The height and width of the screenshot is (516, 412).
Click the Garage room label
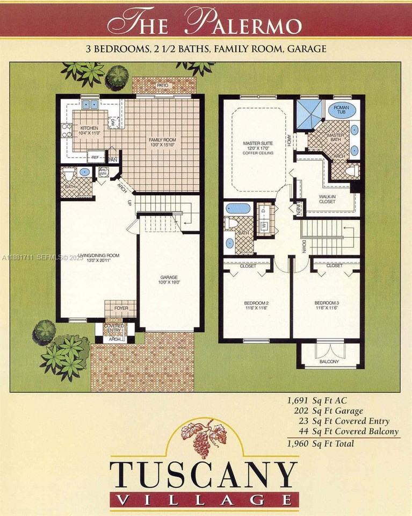coord(169,279)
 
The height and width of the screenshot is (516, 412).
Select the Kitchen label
coord(89,130)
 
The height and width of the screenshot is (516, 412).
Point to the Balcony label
coord(329,362)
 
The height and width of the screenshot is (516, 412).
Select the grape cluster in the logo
coord(203,439)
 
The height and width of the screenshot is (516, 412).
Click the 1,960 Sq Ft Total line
coord(321,443)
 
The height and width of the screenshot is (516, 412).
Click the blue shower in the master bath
coord(308,113)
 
